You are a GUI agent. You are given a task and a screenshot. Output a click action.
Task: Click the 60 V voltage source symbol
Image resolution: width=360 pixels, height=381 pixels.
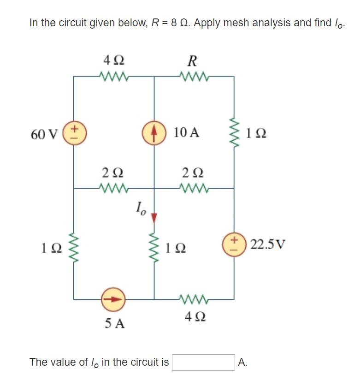(x=74, y=134)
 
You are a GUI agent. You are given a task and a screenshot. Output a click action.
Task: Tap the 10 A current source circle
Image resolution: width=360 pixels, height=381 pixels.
(x=154, y=134)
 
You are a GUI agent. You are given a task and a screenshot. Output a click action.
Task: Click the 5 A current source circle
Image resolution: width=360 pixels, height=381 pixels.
(x=113, y=298)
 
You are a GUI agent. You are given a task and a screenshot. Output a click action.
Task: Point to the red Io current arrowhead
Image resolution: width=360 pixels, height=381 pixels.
(x=154, y=216)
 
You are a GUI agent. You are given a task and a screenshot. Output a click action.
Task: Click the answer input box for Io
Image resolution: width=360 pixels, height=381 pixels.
(x=203, y=362)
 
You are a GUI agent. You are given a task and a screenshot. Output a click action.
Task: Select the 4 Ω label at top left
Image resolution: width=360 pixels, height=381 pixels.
(x=113, y=60)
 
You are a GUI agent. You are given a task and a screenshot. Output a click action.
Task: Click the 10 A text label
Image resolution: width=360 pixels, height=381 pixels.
(x=187, y=133)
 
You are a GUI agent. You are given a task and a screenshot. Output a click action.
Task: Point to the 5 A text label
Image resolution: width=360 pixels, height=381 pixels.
(x=113, y=323)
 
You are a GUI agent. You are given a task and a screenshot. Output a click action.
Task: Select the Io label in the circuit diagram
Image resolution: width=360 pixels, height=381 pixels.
(x=141, y=209)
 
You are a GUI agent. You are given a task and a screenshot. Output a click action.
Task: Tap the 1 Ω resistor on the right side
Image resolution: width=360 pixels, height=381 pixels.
(x=235, y=134)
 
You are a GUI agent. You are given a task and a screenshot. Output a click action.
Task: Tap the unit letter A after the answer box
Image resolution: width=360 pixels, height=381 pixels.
(x=242, y=363)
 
